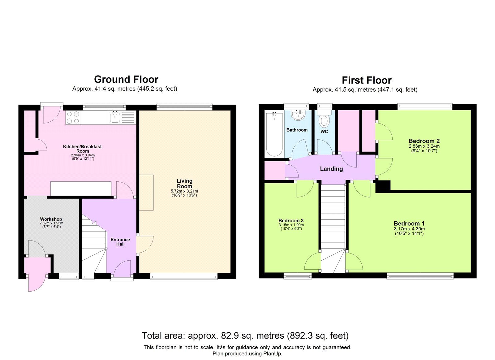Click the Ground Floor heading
point(126,80)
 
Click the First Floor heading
point(366,80)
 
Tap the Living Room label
point(184,184)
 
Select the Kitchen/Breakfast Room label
point(82,149)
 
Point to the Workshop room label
point(51,219)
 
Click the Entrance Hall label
point(120,242)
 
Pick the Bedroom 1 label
point(409,223)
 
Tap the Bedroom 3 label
point(291,221)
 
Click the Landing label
point(331,169)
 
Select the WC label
point(324,132)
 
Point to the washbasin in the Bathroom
point(299,115)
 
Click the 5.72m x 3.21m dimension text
point(184,191)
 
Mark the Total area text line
point(245,336)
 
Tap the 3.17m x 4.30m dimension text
point(409,229)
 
